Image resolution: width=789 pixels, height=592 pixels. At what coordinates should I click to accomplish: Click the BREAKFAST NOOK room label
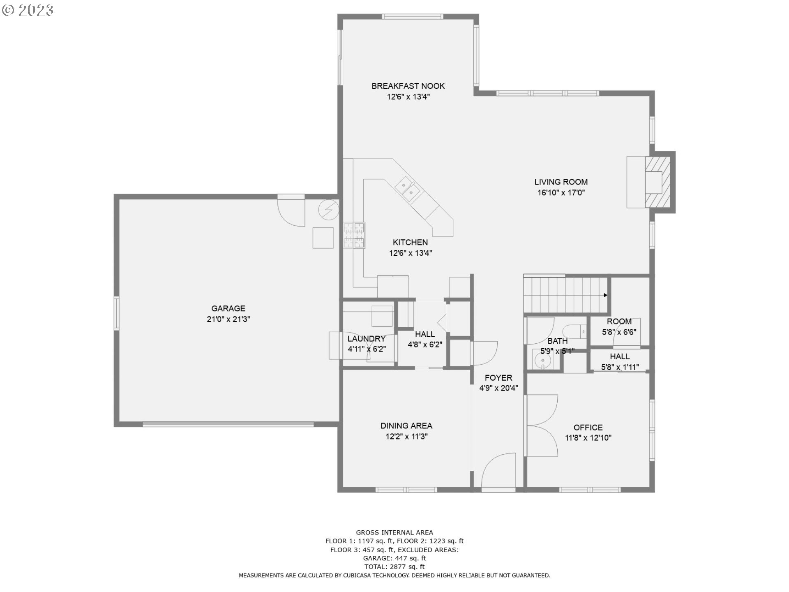(x=408, y=86)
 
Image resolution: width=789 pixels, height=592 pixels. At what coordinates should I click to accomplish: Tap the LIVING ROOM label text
(x=561, y=182)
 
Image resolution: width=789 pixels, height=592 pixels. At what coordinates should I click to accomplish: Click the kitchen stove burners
(x=354, y=235)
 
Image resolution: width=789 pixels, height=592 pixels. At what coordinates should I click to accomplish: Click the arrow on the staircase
(x=605, y=295)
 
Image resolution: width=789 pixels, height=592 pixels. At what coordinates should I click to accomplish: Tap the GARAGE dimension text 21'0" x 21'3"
(x=228, y=319)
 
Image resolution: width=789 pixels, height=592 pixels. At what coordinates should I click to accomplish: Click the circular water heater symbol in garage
(x=329, y=210)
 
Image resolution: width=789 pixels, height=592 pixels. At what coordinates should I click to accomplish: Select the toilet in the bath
(x=574, y=331)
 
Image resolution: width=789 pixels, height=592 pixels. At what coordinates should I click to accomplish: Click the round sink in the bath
(x=543, y=361)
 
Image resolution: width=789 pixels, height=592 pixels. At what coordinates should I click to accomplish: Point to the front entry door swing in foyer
(x=498, y=471)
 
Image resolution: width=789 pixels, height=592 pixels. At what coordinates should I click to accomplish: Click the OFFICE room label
(x=588, y=428)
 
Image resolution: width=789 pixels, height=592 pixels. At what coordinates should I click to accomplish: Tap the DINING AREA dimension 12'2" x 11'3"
(x=406, y=437)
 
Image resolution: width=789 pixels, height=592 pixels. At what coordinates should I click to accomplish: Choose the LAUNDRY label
(x=367, y=339)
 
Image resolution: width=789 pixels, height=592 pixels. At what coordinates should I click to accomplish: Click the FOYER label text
(x=498, y=378)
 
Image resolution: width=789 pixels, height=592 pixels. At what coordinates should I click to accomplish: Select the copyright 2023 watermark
(x=28, y=10)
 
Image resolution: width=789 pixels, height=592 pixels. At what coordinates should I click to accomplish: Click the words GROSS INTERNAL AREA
(x=394, y=532)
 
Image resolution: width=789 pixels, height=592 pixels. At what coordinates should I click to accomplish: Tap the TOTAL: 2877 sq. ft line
(x=394, y=567)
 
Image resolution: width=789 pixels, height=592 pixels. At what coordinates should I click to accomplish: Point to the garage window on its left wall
(x=116, y=313)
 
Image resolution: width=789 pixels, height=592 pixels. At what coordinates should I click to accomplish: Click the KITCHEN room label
(x=410, y=243)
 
